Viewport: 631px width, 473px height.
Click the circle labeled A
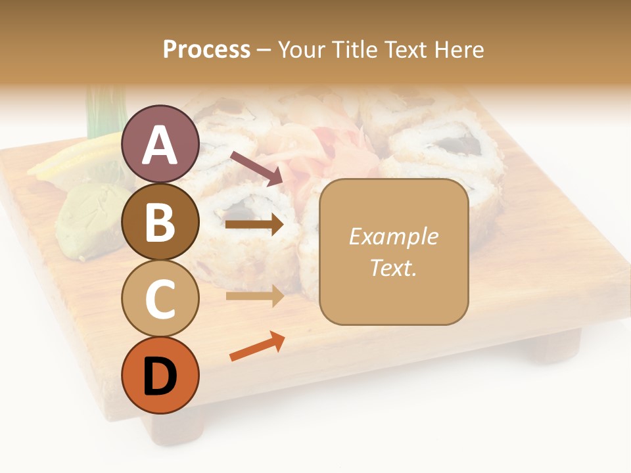160,144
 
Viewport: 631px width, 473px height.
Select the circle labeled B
160,221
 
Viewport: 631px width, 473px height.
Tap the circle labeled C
160,298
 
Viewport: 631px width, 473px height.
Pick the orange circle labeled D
160,375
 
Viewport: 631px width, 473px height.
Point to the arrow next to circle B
254,225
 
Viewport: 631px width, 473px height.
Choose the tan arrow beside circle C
254,296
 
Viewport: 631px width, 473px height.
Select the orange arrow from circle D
257,347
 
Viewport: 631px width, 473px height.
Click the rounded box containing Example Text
394,252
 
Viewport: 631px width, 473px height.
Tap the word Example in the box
394,236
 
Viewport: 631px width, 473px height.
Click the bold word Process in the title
206,49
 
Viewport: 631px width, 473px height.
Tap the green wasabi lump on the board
92,217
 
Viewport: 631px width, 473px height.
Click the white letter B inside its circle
160,221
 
